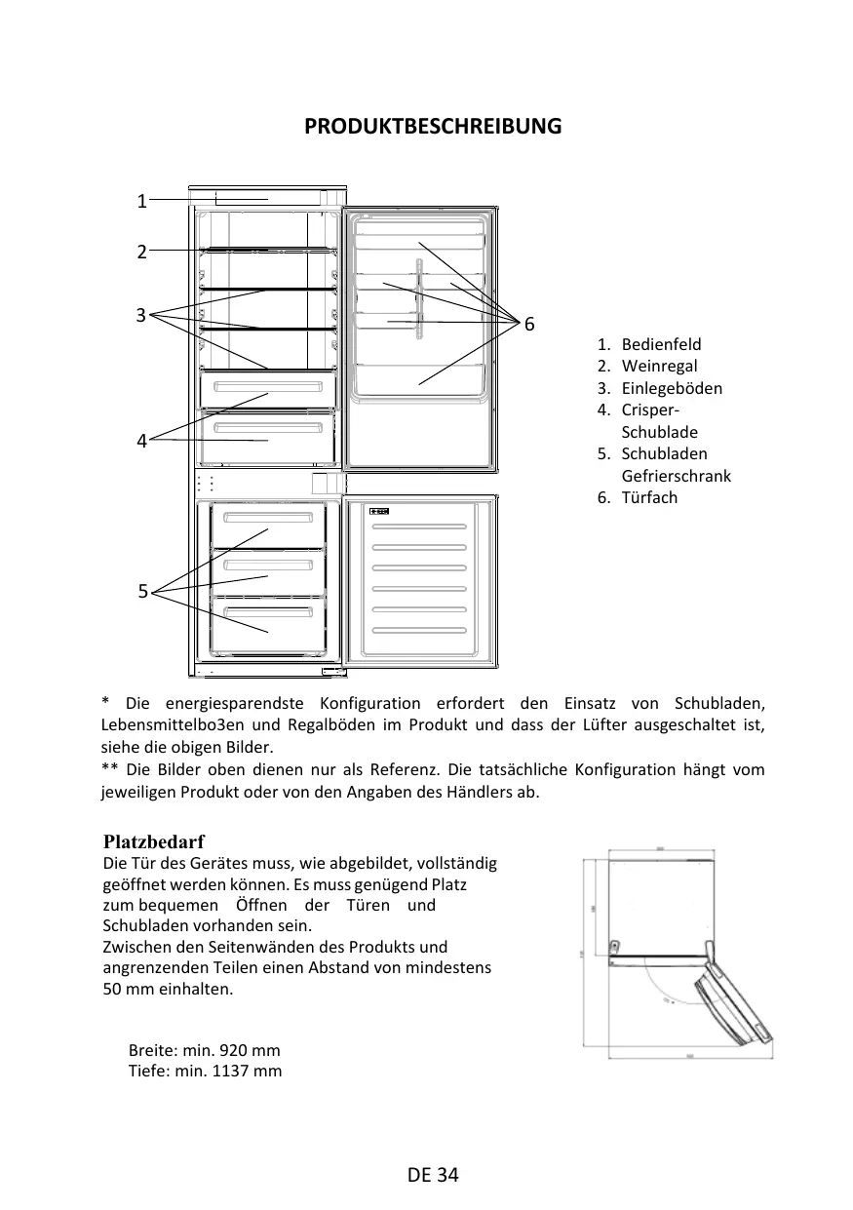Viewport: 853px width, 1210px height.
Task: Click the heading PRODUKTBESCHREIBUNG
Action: tap(433, 127)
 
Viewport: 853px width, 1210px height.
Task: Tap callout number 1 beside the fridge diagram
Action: tap(141, 202)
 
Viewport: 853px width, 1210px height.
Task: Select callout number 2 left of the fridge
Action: tap(141, 252)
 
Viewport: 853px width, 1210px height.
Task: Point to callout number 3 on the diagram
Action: tap(141, 315)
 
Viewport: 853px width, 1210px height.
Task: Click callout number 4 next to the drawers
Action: tap(141, 441)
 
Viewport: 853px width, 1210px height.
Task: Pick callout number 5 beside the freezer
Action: tap(142, 591)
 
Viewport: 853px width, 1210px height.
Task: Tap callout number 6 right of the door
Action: tap(529, 324)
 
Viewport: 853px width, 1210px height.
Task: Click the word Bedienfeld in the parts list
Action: tap(661, 344)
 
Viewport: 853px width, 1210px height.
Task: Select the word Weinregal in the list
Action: tap(659, 366)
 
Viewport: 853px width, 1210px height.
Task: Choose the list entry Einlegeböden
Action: tap(672, 388)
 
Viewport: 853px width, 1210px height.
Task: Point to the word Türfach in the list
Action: tap(649, 497)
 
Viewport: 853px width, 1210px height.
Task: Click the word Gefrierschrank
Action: tap(676, 476)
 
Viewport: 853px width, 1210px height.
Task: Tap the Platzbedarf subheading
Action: tap(153, 841)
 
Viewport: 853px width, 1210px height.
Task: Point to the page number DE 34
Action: tap(433, 1174)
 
